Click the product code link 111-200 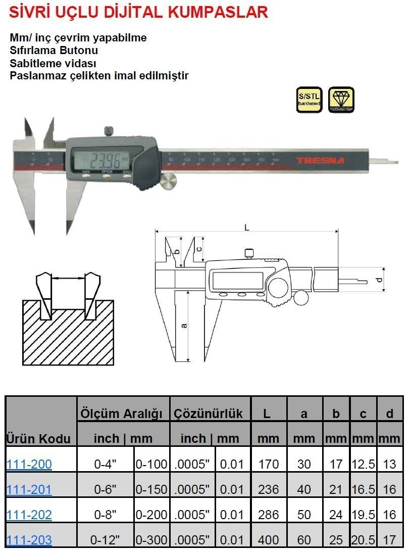[x=29, y=464]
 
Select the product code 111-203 [x=29, y=540]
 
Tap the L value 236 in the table [x=268, y=489]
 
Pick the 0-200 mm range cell [x=151, y=515]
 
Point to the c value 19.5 [x=363, y=515]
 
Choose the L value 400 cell [x=268, y=540]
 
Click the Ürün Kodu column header [x=38, y=438]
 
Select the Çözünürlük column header [x=208, y=413]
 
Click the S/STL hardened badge [x=309, y=100]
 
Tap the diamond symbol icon [x=341, y=100]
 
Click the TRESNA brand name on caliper [x=320, y=161]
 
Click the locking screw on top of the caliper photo [x=109, y=131]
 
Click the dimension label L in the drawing [x=246, y=227]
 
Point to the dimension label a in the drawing [x=184, y=325]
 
